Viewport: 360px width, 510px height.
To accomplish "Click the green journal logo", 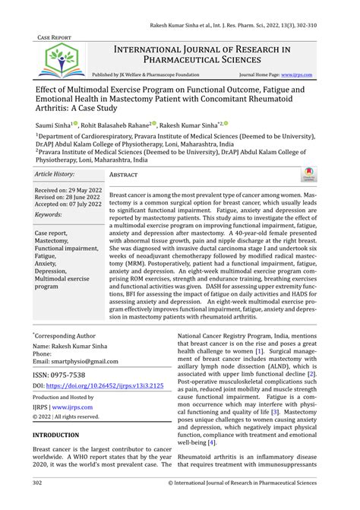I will tap(57, 60).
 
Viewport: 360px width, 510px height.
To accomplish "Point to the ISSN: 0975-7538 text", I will tap(59, 375).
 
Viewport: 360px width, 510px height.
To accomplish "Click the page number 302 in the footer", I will tap(37, 482).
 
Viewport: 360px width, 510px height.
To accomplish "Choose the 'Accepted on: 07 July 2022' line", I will tap(68, 204).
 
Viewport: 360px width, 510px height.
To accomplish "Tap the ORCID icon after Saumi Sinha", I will tap(76, 123).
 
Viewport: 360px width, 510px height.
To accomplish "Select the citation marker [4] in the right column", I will tap(212, 442).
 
